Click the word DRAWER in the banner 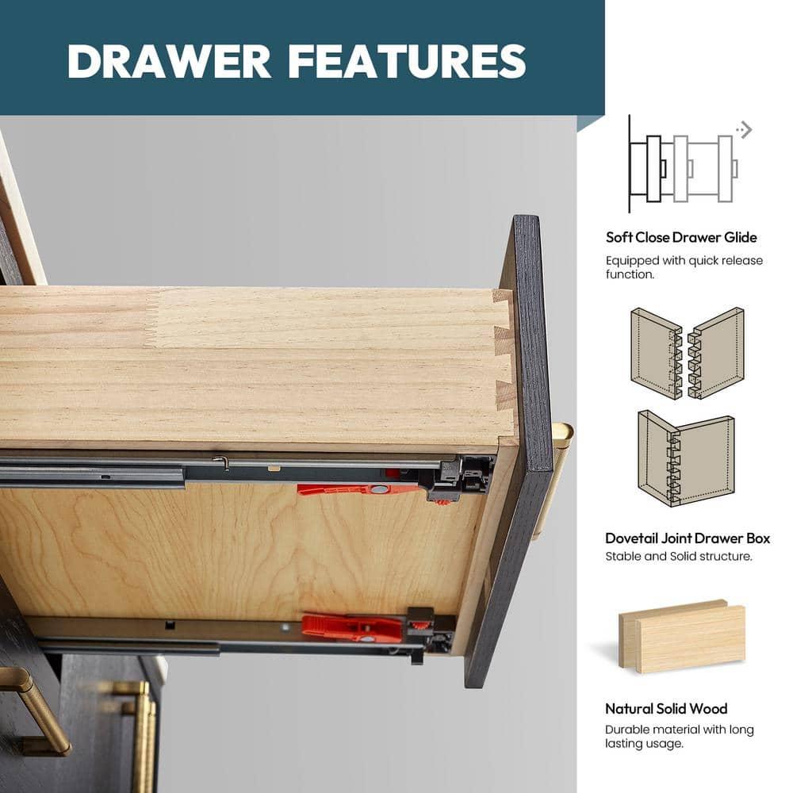pyautogui.click(x=169, y=61)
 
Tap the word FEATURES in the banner pyautogui.click(x=408, y=61)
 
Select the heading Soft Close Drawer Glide pyautogui.click(x=681, y=237)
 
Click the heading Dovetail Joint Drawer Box pyautogui.click(x=688, y=538)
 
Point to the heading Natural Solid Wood pyautogui.click(x=666, y=708)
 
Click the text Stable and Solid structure pyautogui.click(x=679, y=557)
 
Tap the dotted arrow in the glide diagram pyautogui.click(x=744, y=129)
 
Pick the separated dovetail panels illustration pyautogui.click(x=688, y=354)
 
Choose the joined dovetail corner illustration pyautogui.click(x=686, y=458)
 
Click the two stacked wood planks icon pyautogui.click(x=682, y=637)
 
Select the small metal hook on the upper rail pyautogui.click(x=221, y=462)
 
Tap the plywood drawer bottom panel pyautogui.click(x=238, y=551)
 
